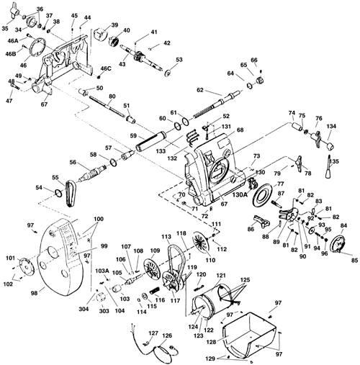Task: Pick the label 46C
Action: [105, 69]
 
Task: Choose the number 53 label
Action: [179, 60]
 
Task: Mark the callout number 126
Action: [166, 335]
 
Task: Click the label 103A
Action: [102, 271]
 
